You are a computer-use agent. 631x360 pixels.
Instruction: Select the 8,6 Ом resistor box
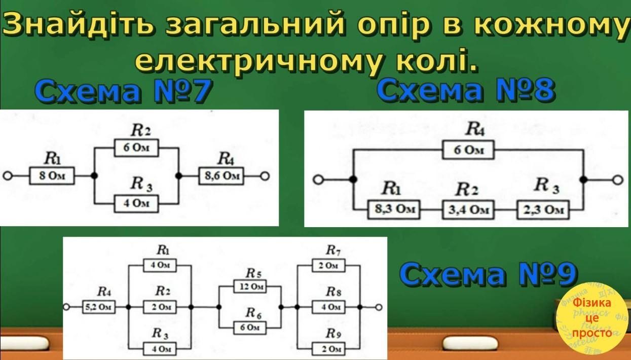tap(221, 176)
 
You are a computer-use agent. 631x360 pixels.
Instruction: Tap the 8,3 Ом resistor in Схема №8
tap(393, 209)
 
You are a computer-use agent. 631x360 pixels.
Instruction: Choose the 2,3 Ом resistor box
tap(543, 209)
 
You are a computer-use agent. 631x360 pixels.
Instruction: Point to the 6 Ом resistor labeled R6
tap(250, 328)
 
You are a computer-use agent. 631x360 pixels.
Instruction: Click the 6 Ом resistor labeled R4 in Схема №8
tap(468, 151)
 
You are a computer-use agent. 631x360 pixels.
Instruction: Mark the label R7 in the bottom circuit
tap(332, 250)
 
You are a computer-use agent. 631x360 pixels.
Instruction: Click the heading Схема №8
tap(467, 91)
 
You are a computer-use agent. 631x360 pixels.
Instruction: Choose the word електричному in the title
tap(255, 60)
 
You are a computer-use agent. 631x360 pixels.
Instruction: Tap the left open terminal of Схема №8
tap(318, 180)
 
